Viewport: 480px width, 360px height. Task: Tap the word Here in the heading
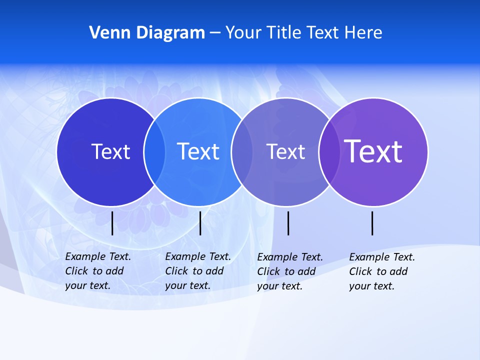tap(363, 33)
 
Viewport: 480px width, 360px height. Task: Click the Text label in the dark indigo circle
tap(110, 151)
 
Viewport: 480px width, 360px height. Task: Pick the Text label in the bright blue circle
tap(198, 151)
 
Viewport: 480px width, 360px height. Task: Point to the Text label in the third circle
tap(285, 151)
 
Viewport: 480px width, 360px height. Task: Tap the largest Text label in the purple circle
tap(373, 151)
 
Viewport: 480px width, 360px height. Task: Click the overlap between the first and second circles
tap(154, 151)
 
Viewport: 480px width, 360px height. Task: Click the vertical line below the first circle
tap(112, 223)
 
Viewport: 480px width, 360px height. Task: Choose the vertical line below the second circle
tap(200, 223)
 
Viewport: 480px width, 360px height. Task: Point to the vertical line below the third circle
tap(288, 223)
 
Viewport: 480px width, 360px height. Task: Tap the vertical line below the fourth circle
tap(372, 223)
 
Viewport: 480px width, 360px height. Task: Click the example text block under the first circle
tap(98, 271)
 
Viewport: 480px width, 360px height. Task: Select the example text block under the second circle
tap(198, 271)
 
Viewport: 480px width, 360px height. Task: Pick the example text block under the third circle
tap(290, 271)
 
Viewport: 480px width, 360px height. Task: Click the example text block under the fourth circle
tap(382, 271)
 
